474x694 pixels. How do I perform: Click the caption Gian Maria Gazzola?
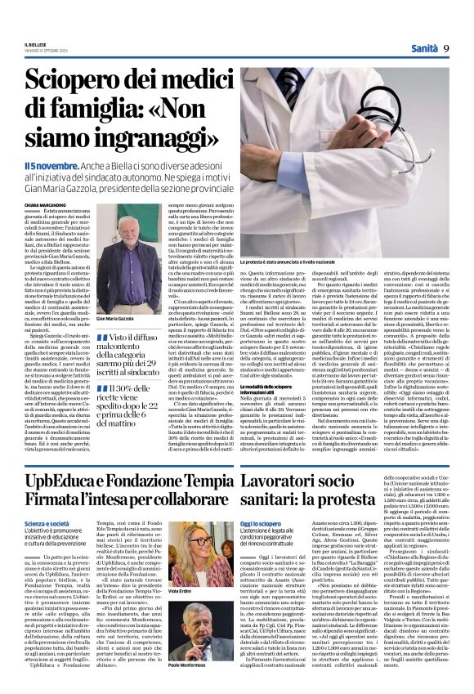coord(114,318)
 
